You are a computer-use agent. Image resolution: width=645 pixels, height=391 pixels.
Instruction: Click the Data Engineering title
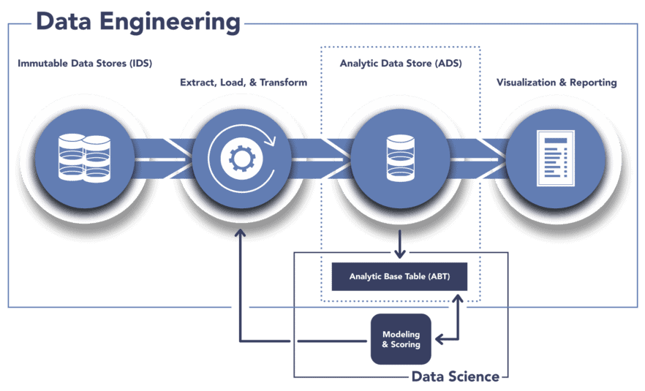coord(137,21)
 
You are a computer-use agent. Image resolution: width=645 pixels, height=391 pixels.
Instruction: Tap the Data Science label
coord(455,377)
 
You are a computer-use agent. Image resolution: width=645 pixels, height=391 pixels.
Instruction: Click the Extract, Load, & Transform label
coord(244,83)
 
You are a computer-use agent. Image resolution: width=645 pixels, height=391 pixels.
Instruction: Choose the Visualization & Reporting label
coord(557,83)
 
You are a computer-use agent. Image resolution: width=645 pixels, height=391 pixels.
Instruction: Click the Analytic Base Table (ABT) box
coord(399,277)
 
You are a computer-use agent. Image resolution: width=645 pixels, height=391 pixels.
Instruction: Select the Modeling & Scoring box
coord(401,339)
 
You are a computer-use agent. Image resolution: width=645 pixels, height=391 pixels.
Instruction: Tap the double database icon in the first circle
coord(83,158)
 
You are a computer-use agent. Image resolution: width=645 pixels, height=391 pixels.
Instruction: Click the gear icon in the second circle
coord(241,158)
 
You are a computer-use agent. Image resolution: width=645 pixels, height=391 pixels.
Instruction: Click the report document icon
coord(557,158)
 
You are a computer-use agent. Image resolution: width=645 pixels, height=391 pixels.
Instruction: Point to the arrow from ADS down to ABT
coord(399,244)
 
